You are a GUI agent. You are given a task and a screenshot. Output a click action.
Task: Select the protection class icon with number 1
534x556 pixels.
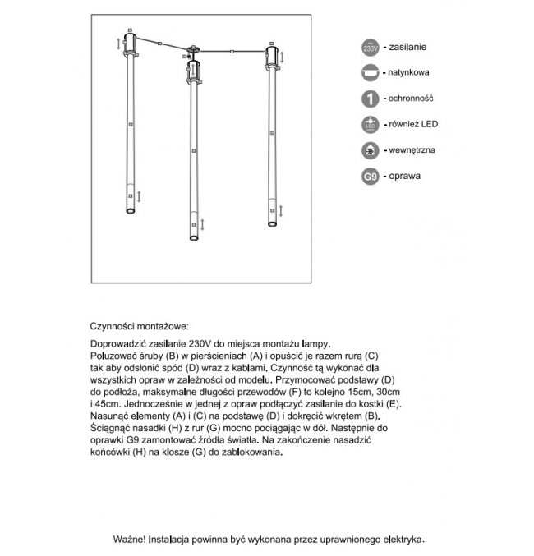370,99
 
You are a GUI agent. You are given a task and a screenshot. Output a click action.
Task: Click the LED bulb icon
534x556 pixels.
370,125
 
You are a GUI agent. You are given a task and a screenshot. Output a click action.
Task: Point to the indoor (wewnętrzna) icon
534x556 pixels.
370,151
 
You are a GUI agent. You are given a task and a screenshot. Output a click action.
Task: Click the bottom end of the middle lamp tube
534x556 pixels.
193,239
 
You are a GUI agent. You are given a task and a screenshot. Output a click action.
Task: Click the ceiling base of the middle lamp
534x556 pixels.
193,51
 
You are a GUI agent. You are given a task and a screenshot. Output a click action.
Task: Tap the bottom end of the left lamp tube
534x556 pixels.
129,212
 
